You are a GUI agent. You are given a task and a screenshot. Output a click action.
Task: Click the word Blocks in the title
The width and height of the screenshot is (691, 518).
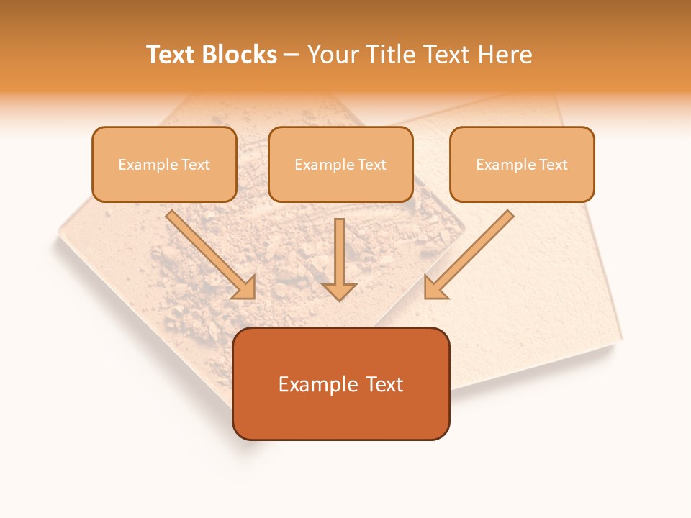pos(240,55)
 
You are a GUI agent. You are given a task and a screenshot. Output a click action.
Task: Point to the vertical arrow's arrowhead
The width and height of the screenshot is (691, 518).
pos(339,291)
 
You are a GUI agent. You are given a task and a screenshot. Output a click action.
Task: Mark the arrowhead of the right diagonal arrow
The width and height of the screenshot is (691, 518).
pos(434,287)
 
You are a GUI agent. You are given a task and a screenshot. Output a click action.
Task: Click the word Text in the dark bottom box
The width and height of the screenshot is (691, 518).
pos(384,384)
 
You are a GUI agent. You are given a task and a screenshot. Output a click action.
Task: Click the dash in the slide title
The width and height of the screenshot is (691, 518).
pos(292,55)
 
